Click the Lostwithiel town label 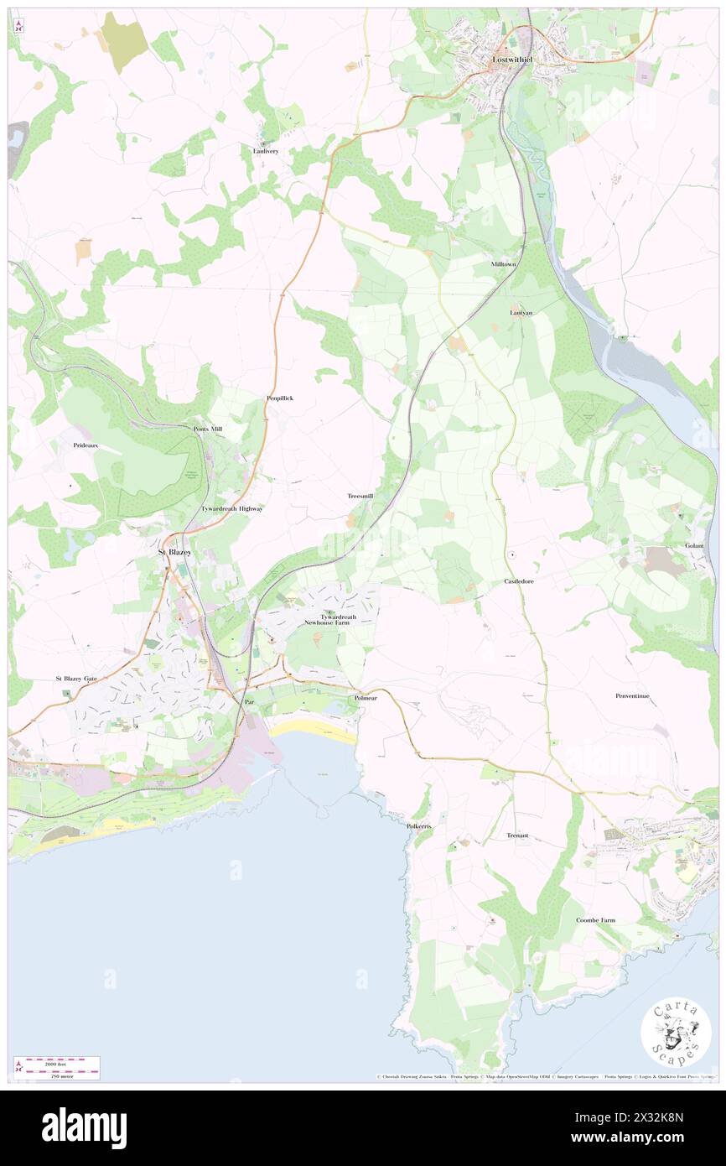point(512,60)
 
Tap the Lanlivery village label point(265,151)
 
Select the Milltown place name point(506,264)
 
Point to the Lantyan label point(521,313)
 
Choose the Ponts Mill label point(208,429)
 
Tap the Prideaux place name point(86,445)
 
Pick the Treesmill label point(360,497)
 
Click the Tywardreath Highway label point(231,509)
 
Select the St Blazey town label point(176,553)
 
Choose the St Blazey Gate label point(76,678)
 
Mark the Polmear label point(366,698)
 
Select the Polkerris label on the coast point(420,826)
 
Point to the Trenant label point(518,836)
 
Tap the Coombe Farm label point(595,920)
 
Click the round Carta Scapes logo point(676,1034)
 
